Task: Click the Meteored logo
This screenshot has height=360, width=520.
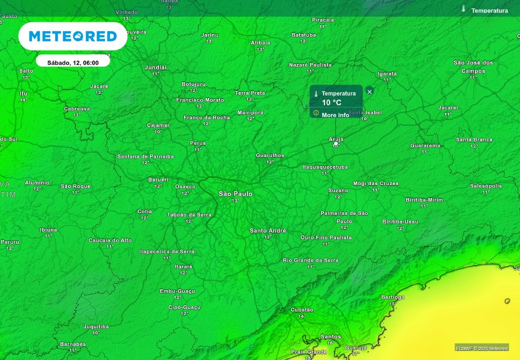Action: tap(73, 36)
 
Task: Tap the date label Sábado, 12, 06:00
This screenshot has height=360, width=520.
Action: tap(73, 63)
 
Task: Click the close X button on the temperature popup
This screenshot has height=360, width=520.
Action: tap(370, 91)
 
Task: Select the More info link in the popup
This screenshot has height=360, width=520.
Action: tap(335, 115)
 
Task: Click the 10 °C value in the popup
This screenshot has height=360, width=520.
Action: tap(332, 103)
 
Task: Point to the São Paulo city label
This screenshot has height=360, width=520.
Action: tap(235, 194)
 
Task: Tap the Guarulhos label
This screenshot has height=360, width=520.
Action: tap(270, 155)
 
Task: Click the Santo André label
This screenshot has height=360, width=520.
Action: tap(268, 231)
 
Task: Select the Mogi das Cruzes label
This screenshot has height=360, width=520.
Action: tap(376, 183)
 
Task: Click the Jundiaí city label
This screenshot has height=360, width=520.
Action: tap(155, 67)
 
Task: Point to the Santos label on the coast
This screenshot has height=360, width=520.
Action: tap(331, 337)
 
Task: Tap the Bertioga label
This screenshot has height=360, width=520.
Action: tap(393, 297)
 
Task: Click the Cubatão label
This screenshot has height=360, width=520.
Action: tap(302, 309)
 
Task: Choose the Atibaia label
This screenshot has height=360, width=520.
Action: tap(261, 43)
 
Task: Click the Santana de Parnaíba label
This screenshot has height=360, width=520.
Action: tap(145, 156)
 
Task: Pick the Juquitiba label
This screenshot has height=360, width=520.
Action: tap(96, 326)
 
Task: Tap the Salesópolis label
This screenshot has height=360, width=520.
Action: tap(486, 186)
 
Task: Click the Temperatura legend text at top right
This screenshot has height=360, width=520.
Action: tap(490, 10)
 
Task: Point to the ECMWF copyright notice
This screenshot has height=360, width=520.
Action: tap(481, 348)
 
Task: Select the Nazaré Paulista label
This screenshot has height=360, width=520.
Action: tap(310, 65)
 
